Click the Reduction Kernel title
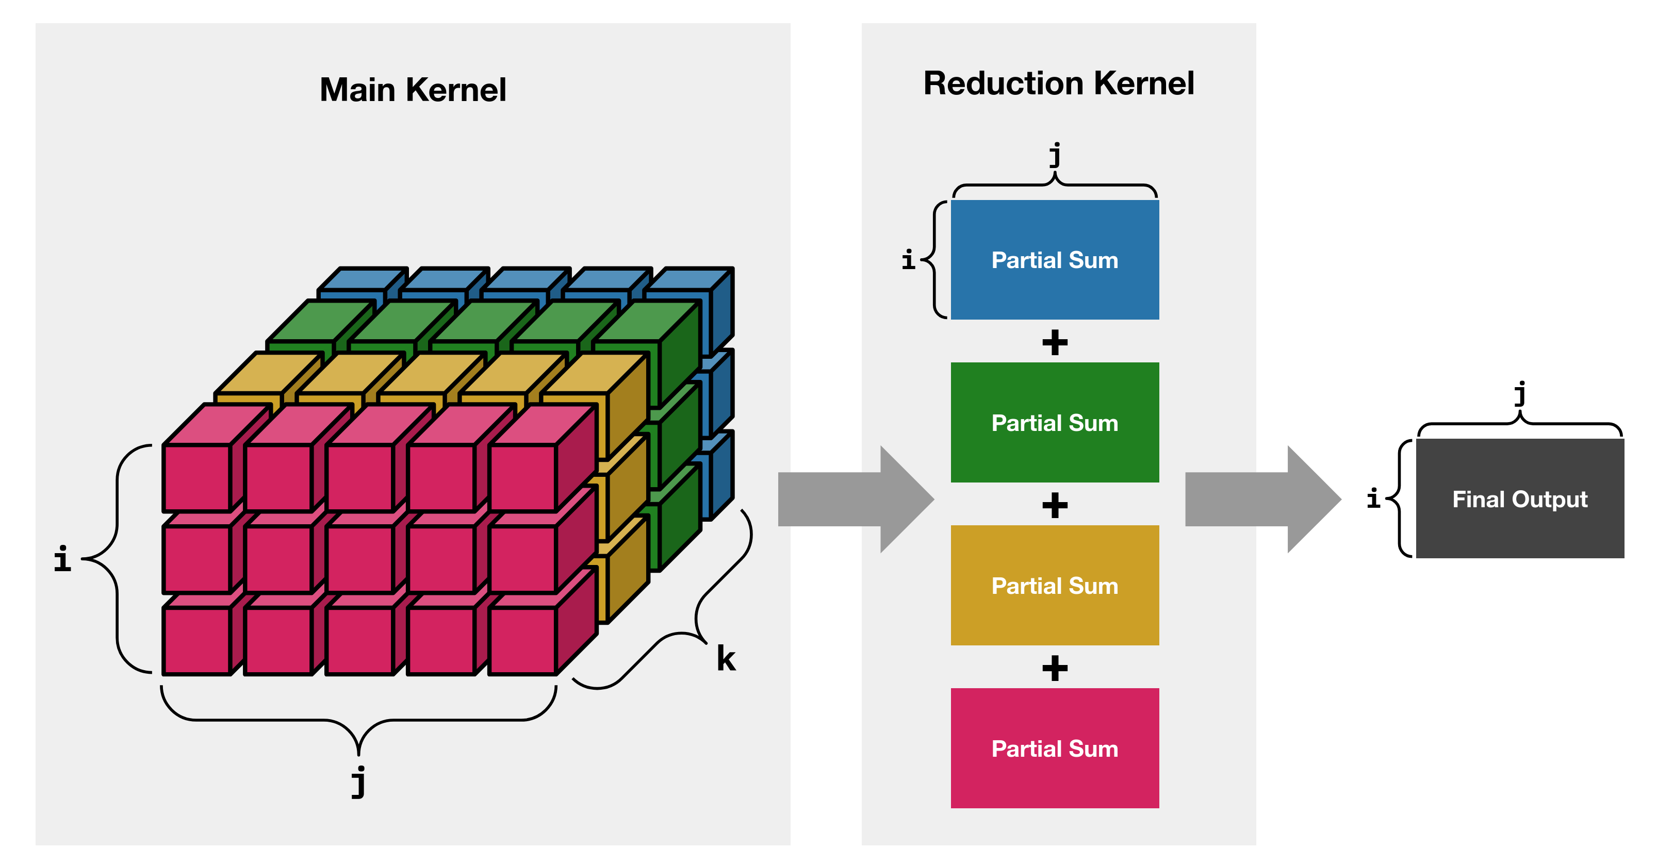(1058, 84)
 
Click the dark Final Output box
(1519, 499)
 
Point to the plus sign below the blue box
(1055, 342)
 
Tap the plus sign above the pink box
(1055, 668)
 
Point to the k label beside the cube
(726, 659)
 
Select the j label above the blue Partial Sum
(1055, 155)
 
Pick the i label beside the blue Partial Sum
(908, 260)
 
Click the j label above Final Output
(1520, 394)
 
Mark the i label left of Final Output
(1373, 498)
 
